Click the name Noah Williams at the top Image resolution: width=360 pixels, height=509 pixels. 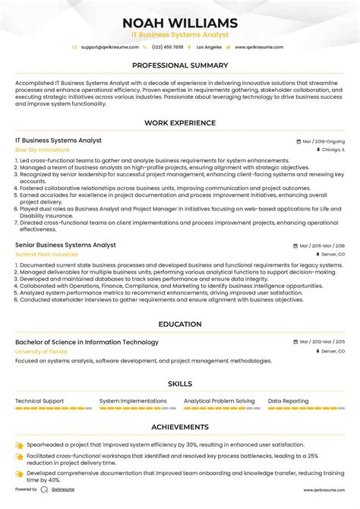coord(180,23)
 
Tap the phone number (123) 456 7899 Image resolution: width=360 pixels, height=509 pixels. coord(168,47)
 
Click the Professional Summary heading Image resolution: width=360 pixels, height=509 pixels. coord(180,65)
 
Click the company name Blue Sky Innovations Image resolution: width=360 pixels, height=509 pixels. coord(42,150)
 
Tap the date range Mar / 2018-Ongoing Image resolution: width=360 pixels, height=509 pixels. coord(323,141)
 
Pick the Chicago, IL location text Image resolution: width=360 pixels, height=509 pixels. coord(333,150)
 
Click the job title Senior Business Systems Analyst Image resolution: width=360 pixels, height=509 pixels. coord(65,245)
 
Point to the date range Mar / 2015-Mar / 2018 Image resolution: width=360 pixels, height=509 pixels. coord(321,246)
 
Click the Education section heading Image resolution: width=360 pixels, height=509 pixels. coord(180,324)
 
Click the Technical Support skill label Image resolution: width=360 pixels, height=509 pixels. coord(39,400)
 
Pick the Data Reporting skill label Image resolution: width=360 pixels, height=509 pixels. coord(288,400)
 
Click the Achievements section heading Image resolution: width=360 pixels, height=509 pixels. coord(180,427)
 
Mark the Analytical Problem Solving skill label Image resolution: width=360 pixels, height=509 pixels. coord(219,400)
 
